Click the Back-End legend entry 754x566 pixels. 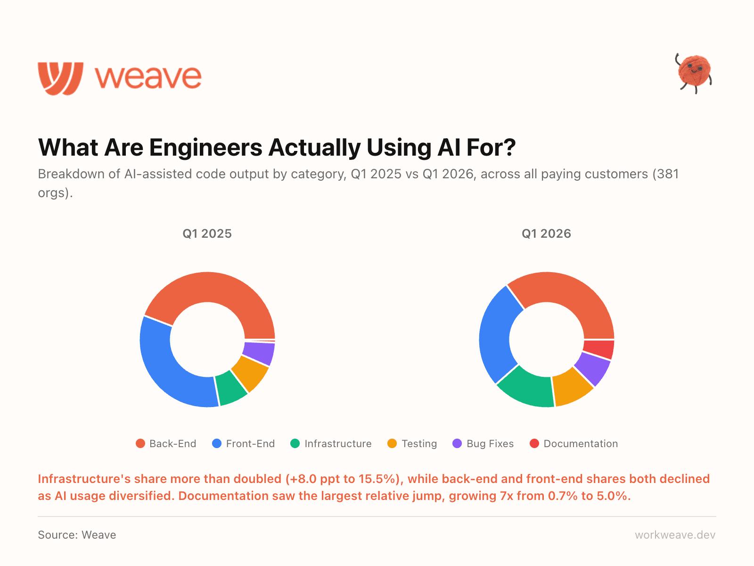click(166, 444)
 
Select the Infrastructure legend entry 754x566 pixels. click(331, 444)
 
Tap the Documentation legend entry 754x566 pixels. click(574, 444)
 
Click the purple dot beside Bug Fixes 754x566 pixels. click(457, 444)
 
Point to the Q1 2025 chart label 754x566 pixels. click(207, 234)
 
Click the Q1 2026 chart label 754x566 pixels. click(546, 234)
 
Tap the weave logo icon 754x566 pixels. click(61, 78)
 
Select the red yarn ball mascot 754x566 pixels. click(694, 72)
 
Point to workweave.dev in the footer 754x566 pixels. click(675, 535)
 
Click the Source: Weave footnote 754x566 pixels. click(77, 535)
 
